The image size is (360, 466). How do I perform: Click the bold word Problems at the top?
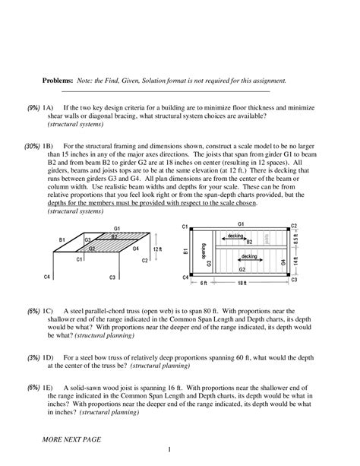coord(58,81)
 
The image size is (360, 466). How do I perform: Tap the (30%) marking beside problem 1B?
coord(31,145)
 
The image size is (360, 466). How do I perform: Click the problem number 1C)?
coord(52,311)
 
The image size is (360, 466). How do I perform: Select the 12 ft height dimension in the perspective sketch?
coord(156,250)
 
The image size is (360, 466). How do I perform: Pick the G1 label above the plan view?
coord(240,225)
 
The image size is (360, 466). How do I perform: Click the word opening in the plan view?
coord(203,249)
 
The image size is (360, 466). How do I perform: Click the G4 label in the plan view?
coord(283,262)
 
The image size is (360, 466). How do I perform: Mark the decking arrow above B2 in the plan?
coord(236,236)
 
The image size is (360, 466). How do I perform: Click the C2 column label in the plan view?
coord(294,226)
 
